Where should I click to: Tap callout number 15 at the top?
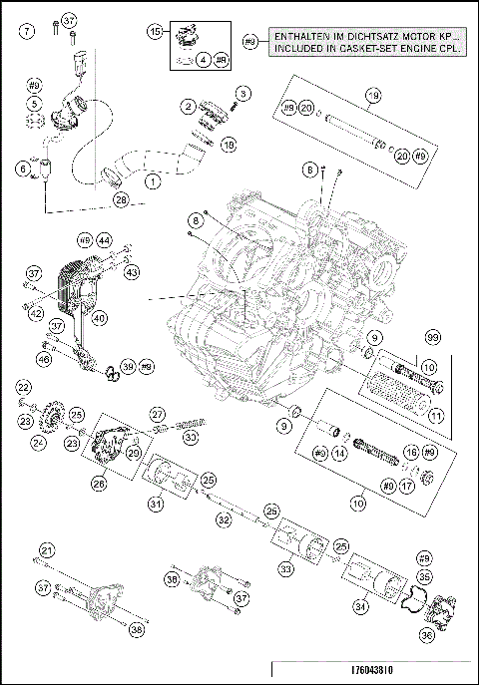tap(156, 32)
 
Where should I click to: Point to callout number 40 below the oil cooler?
tap(100, 319)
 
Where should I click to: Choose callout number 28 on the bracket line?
tap(121, 200)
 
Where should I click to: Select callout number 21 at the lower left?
tap(46, 549)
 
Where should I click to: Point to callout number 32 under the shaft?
tap(225, 518)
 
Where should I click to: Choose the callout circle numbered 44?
tap(104, 240)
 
